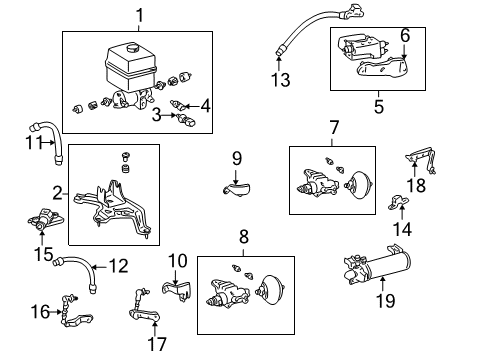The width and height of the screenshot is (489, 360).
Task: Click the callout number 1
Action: click(x=140, y=16)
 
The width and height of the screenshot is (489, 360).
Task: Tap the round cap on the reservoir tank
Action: click(x=133, y=49)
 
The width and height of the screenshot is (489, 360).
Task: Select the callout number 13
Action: click(x=280, y=80)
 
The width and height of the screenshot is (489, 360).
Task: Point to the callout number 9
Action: click(x=237, y=159)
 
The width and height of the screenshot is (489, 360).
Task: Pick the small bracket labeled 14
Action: click(x=398, y=202)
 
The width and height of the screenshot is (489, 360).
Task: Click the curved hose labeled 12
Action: click(x=76, y=271)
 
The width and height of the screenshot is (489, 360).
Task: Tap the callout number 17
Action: click(x=157, y=345)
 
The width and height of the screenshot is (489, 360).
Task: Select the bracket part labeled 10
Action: click(x=177, y=290)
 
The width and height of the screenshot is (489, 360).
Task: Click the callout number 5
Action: click(x=379, y=107)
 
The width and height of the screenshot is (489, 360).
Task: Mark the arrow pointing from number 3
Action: click(x=169, y=115)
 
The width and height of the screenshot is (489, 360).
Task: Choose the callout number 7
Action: click(x=334, y=128)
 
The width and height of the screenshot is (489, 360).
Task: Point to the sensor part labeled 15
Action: click(x=45, y=220)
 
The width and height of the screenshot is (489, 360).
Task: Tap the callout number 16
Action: click(x=40, y=312)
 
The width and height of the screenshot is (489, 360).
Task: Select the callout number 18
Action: click(x=416, y=186)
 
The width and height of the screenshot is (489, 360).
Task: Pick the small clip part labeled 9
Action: click(x=237, y=189)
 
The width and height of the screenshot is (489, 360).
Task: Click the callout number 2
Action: click(x=57, y=193)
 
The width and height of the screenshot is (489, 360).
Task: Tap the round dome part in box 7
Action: click(x=359, y=185)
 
